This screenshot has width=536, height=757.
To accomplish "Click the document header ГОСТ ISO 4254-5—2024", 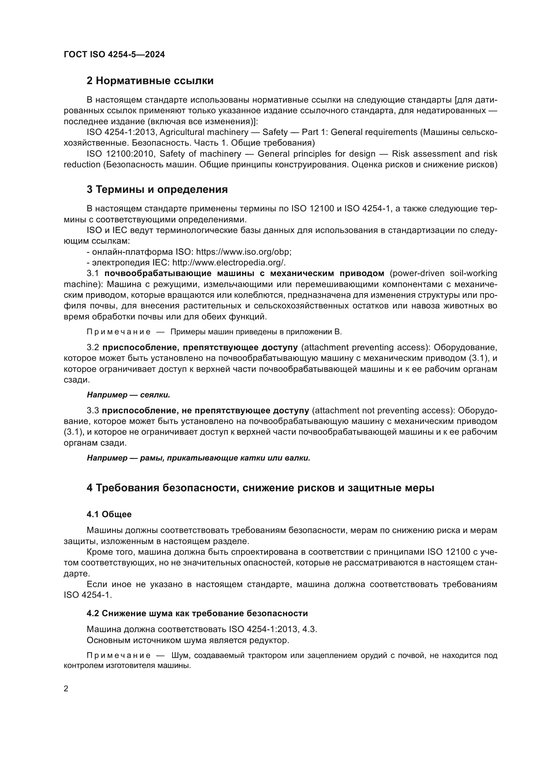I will click(x=114, y=55).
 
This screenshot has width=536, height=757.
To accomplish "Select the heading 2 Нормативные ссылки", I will click(x=150, y=81).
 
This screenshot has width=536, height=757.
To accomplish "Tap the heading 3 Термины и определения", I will click(x=157, y=190).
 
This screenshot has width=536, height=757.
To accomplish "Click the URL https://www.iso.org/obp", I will click(x=243, y=252).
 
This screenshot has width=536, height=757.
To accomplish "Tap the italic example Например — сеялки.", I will click(x=128, y=395).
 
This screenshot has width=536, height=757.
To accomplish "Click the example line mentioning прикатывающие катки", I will click(x=198, y=458).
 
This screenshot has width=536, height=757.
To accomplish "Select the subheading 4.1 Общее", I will click(x=109, y=514).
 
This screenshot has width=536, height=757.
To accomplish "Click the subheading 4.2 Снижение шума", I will click(x=197, y=614).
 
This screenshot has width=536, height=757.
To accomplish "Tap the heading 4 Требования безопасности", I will click(x=260, y=488).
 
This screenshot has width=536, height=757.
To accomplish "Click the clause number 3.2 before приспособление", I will click(x=93, y=348).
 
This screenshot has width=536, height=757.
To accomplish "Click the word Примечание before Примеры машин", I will click(x=119, y=332).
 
